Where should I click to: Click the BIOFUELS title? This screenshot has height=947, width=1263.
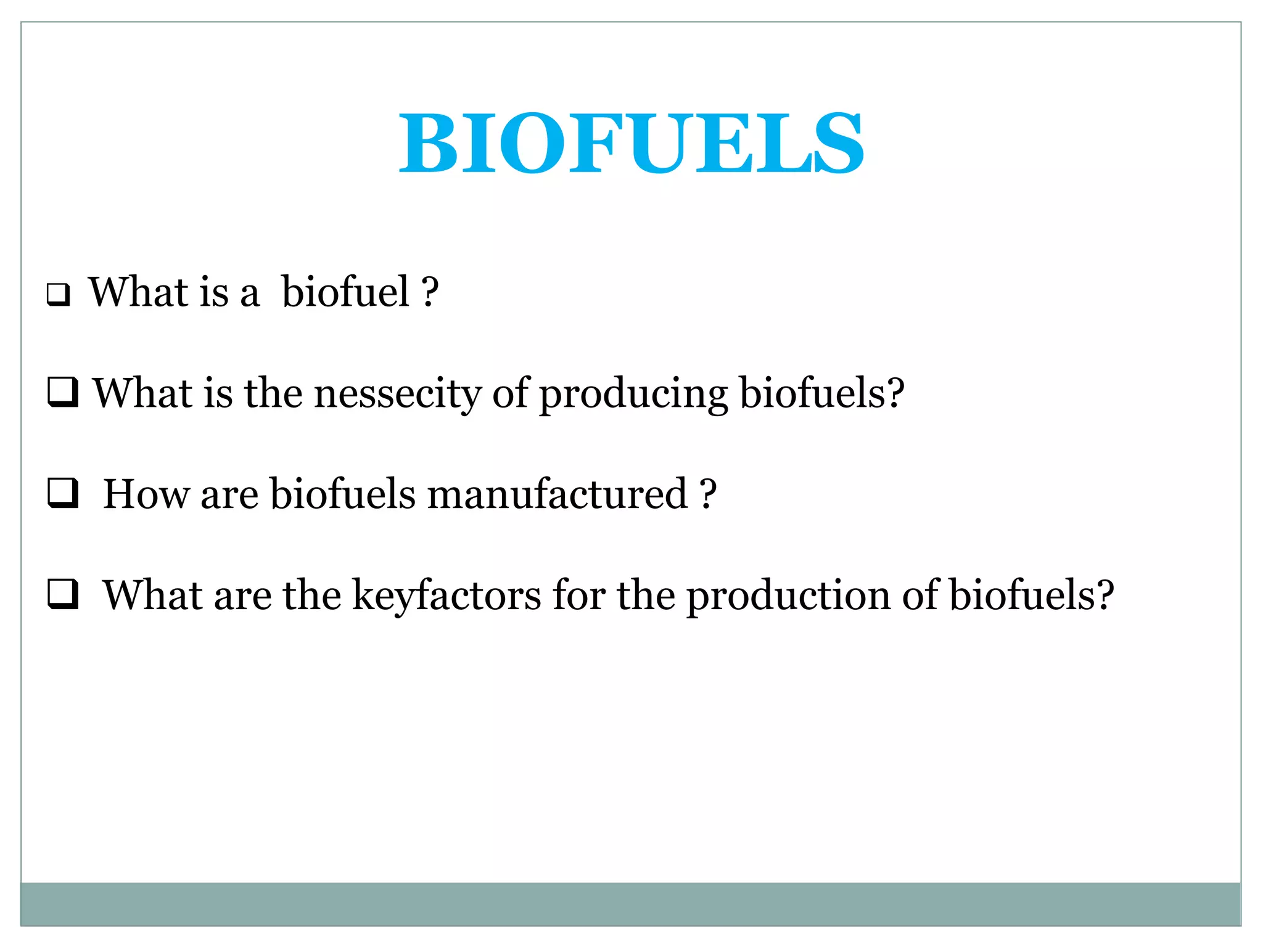pos(631,143)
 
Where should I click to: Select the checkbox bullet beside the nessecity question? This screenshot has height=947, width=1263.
pos(63,392)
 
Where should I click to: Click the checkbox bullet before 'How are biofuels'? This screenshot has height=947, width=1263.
pos(63,493)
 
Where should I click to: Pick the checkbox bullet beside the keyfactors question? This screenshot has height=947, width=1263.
pos(63,594)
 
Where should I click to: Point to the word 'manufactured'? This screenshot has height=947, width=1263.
pos(557,494)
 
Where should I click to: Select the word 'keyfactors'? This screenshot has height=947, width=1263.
pos(446,596)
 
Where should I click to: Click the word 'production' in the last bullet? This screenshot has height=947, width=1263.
pos(788,596)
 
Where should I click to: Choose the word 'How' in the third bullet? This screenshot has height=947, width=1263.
pos(146,494)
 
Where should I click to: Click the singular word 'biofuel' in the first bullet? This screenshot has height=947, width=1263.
pos(345,292)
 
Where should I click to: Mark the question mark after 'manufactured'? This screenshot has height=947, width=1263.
pos(708,494)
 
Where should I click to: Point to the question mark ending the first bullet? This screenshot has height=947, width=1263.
pos(430,292)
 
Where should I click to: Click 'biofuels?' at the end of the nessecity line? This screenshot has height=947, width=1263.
pos(821,393)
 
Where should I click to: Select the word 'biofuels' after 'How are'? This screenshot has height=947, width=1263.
pos(343,494)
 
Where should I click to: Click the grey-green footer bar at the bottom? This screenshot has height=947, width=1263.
pos(630,904)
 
